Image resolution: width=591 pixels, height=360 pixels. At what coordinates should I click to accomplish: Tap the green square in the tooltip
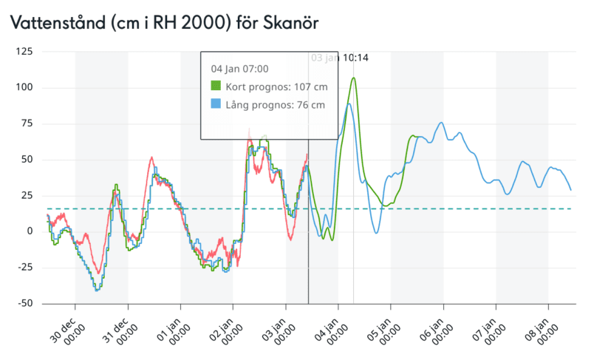coord(216,86)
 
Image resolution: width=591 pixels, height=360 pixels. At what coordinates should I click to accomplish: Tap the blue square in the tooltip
coord(216,104)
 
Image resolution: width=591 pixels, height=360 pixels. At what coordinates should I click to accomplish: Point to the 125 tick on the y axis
coord(24,52)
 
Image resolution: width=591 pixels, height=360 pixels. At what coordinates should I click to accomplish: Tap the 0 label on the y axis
coord(30,231)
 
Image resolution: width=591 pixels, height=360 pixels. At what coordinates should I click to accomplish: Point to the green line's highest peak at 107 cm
coord(355,78)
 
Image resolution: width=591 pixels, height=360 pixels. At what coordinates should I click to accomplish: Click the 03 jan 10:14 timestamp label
coord(340,58)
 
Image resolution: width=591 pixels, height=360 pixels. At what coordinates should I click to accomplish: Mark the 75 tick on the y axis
coord(27,123)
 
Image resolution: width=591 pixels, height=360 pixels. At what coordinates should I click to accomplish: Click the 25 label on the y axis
coord(27,195)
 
